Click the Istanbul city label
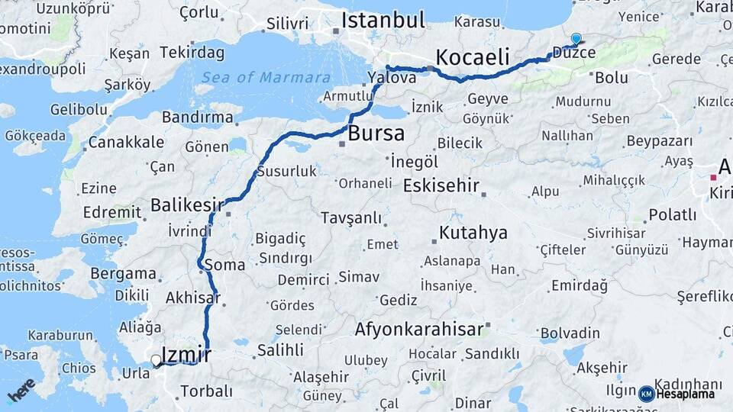point(383,20)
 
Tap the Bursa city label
point(376,134)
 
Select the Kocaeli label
point(473,56)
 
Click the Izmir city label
point(187,355)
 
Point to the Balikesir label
point(187,204)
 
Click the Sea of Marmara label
point(266,77)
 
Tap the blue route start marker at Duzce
point(576,38)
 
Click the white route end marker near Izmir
point(157,360)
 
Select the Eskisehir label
point(441,185)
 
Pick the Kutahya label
point(473,233)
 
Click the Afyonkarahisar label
point(419,330)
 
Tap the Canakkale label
point(126,142)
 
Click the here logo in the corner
point(21,391)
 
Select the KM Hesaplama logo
point(677,394)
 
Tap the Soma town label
point(225,266)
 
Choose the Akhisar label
point(192,298)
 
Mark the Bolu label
point(611,77)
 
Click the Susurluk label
point(286,172)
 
